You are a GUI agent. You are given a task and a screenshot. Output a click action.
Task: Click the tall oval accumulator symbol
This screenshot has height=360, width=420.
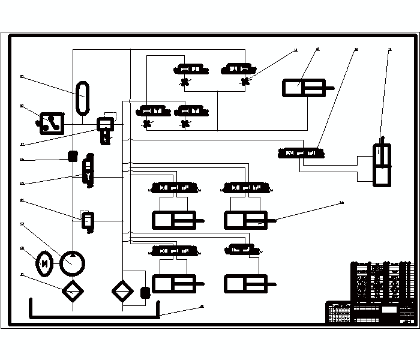(82, 97)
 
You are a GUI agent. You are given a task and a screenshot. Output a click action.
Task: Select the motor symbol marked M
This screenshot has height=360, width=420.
(44, 262)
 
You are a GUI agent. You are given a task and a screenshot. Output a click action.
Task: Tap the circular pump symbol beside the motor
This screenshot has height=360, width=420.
(73, 262)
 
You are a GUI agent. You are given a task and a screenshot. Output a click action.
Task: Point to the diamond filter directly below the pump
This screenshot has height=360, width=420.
(73, 291)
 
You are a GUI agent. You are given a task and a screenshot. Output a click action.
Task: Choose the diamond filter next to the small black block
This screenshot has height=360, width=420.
(122, 291)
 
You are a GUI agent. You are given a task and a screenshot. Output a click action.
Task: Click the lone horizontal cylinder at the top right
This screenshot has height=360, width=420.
(304, 89)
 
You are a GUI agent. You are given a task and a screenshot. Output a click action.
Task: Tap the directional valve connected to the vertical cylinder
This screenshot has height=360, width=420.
(302, 152)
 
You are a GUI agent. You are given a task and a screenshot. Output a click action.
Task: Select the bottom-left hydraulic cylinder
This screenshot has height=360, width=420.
(174, 283)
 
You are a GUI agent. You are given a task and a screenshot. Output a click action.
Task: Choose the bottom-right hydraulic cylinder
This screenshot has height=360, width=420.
(246, 283)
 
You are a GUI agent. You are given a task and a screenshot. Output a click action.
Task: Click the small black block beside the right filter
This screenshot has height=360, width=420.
(144, 293)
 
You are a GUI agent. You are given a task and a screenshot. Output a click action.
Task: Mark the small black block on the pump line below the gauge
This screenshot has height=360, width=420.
(73, 156)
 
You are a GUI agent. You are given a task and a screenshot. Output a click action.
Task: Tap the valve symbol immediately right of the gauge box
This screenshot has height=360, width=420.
(106, 124)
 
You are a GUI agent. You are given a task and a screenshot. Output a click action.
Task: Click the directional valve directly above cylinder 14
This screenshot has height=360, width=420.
(246, 188)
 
